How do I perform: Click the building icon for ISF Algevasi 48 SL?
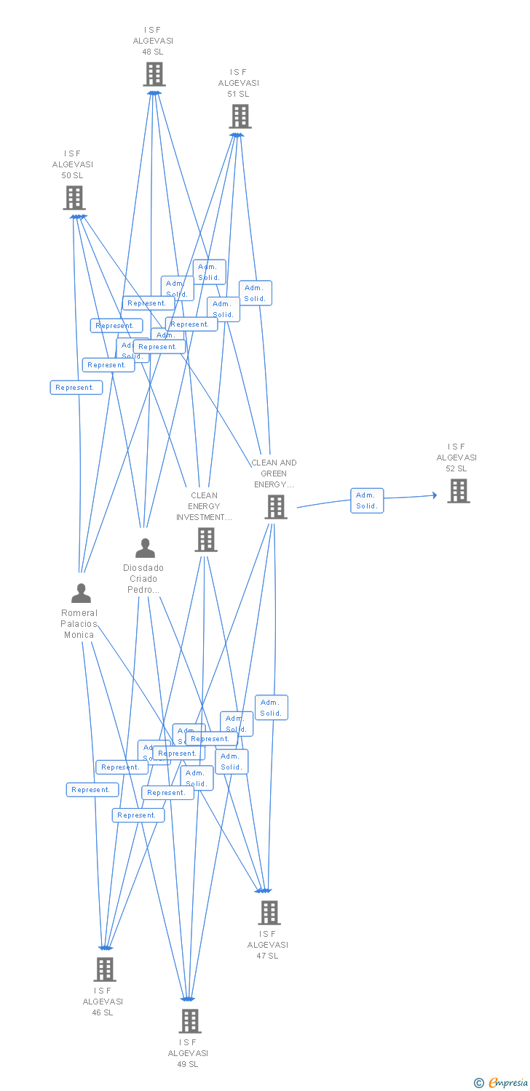(x=154, y=74)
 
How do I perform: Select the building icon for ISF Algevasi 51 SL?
(x=240, y=116)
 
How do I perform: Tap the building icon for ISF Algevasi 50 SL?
(x=74, y=198)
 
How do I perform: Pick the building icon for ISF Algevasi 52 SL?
(x=458, y=491)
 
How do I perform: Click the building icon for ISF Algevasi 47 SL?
(x=269, y=912)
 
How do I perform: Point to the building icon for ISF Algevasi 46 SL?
(x=104, y=969)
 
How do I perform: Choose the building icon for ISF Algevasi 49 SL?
(x=189, y=1021)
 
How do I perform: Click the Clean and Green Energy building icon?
(x=275, y=507)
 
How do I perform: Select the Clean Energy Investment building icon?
(x=205, y=540)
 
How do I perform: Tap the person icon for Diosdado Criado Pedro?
(x=145, y=548)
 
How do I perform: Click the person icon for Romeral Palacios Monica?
(x=81, y=593)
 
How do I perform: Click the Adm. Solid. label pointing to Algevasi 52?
(x=366, y=500)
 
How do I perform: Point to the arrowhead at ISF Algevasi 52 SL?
(x=435, y=495)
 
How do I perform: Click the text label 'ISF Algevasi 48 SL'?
(x=153, y=41)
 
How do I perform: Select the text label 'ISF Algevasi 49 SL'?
(x=188, y=1053)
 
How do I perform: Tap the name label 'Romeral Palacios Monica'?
(x=79, y=624)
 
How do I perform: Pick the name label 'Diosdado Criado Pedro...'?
(x=143, y=579)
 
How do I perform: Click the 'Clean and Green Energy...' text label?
(x=274, y=473)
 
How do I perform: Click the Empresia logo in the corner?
(x=502, y=1083)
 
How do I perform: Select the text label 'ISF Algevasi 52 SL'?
(x=456, y=457)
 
